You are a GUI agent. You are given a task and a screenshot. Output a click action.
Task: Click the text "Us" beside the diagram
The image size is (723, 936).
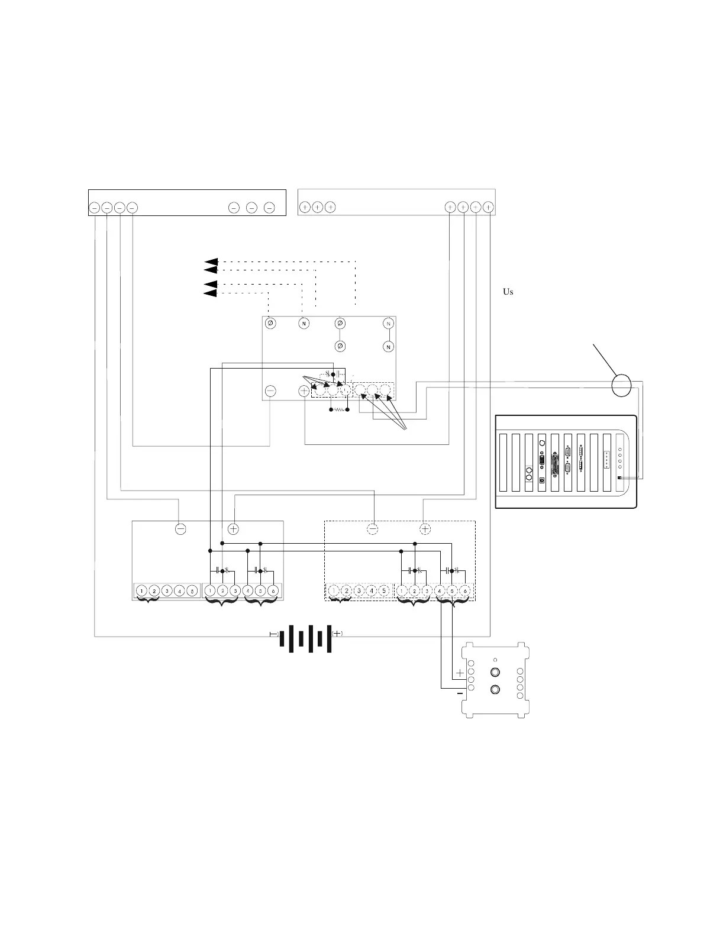[x=508, y=292]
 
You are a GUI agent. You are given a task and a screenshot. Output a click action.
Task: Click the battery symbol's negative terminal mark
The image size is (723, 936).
[x=273, y=634]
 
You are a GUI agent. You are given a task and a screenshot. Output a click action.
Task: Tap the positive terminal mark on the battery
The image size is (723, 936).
[x=337, y=633]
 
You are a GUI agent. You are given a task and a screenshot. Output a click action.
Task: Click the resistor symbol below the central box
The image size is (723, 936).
[x=339, y=409]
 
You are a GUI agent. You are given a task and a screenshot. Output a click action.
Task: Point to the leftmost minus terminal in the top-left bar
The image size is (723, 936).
[x=95, y=208]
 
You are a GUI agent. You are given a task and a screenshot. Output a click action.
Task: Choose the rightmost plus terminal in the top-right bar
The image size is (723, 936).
[x=488, y=207]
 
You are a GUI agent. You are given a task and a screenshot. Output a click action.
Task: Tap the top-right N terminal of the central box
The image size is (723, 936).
[x=389, y=324]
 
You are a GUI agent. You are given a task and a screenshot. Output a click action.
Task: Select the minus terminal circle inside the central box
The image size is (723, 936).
[x=270, y=390]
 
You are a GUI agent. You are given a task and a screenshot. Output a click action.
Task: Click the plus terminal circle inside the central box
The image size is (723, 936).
[x=304, y=390]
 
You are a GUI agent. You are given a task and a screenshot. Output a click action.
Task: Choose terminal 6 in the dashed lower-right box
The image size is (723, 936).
[x=465, y=590]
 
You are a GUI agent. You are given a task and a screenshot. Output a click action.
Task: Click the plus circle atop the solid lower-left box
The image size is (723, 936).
[x=234, y=529]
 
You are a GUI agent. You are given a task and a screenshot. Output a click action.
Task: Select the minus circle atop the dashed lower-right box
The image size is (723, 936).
[x=373, y=529]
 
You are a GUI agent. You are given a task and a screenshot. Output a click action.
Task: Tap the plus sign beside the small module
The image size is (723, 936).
[x=460, y=673]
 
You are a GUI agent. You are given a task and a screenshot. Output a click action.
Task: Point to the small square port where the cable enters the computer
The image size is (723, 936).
[x=619, y=477]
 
